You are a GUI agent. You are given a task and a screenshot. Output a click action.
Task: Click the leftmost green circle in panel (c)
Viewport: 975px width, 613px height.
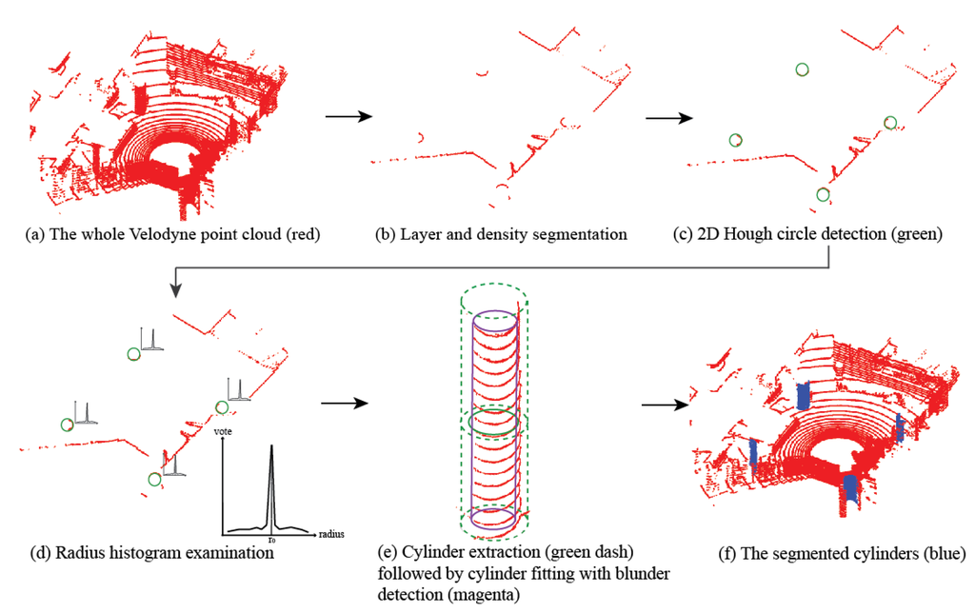pos(735,140)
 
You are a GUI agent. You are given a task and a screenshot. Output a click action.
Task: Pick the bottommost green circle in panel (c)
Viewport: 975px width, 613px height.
pos(823,194)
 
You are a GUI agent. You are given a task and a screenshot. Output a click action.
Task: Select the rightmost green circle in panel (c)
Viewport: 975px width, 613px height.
pos(890,122)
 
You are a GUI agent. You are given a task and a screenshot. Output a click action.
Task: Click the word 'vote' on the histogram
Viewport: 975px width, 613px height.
pos(225,432)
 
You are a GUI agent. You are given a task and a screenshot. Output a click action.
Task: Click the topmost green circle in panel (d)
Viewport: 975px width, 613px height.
pos(132,353)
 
